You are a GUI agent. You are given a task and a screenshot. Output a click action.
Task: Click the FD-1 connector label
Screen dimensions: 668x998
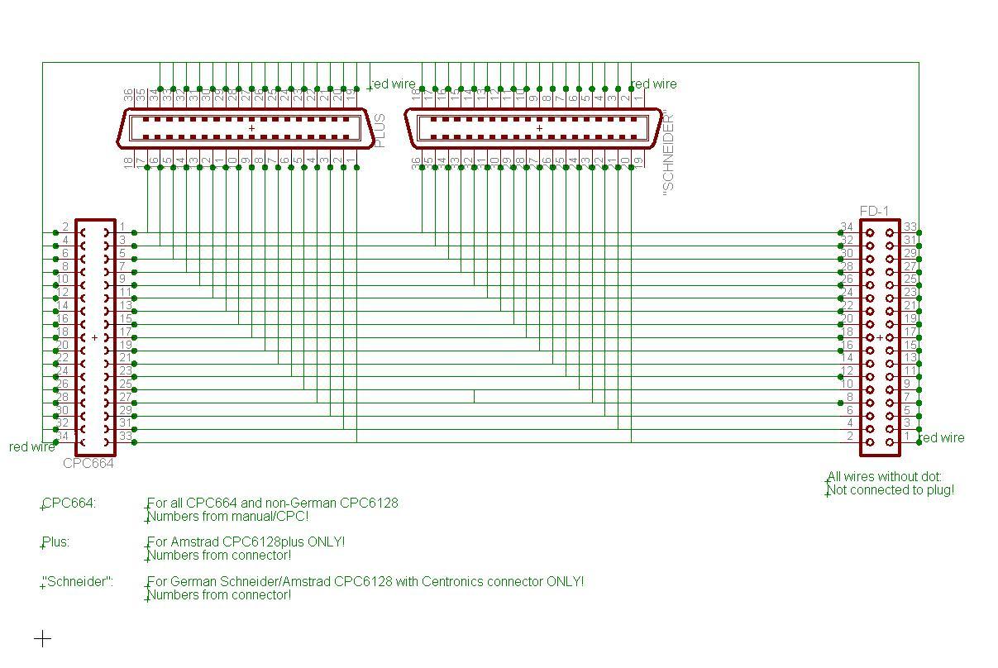point(874,212)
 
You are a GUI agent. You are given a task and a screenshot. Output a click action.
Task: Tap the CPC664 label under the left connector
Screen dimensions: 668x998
point(88,463)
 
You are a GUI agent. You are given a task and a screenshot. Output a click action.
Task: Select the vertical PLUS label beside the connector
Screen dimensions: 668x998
point(380,131)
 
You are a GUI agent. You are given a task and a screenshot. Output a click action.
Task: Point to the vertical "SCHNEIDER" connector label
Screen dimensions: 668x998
point(669,154)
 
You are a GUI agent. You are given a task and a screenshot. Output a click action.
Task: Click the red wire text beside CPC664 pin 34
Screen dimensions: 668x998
point(31,446)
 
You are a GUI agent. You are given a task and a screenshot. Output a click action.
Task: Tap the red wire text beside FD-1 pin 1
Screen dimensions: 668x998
point(942,437)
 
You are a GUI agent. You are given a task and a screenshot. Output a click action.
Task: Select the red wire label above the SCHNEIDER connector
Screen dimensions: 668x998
point(654,83)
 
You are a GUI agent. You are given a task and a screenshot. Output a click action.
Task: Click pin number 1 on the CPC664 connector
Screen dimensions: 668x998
point(122,227)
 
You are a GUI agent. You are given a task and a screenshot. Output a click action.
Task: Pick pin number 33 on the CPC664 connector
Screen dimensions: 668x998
point(125,436)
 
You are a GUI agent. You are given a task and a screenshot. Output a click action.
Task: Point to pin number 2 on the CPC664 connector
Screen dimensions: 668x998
point(65,227)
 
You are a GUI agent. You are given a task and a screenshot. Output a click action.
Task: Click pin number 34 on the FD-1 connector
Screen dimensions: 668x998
point(847,227)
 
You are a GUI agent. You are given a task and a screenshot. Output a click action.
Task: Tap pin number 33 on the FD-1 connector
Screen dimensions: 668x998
point(910,227)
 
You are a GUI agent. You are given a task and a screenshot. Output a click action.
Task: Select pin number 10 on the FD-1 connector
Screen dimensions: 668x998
point(847,384)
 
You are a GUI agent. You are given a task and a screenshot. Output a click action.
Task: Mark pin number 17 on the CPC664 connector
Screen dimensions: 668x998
point(125,332)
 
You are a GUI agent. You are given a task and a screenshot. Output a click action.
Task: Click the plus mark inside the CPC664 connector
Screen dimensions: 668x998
point(94,337)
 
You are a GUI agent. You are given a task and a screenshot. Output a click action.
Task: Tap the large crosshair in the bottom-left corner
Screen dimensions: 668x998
point(43,638)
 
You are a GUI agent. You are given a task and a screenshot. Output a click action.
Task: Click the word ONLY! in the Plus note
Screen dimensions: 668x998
point(326,542)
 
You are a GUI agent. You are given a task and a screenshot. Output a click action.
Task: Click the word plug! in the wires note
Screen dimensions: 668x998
point(935,489)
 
